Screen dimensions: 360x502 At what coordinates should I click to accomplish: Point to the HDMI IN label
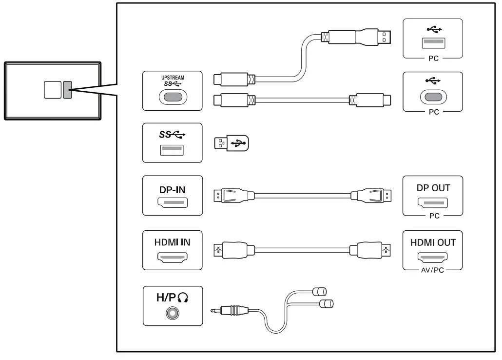tap(172, 242)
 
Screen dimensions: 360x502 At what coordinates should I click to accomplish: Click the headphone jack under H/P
tap(172, 313)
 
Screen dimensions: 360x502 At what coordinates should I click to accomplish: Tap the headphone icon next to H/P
tap(182, 297)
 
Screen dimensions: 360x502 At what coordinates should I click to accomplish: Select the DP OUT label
tap(433, 188)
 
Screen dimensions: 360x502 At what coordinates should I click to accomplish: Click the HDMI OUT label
tap(433, 242)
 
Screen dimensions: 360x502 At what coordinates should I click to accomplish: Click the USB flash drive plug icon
tap(231, 143)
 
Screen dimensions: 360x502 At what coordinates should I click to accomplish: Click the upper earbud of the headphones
tap(319, 292)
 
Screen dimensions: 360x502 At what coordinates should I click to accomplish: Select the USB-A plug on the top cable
tap(383, 37)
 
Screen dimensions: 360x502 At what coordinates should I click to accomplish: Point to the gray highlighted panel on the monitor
tap(67, 90)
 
